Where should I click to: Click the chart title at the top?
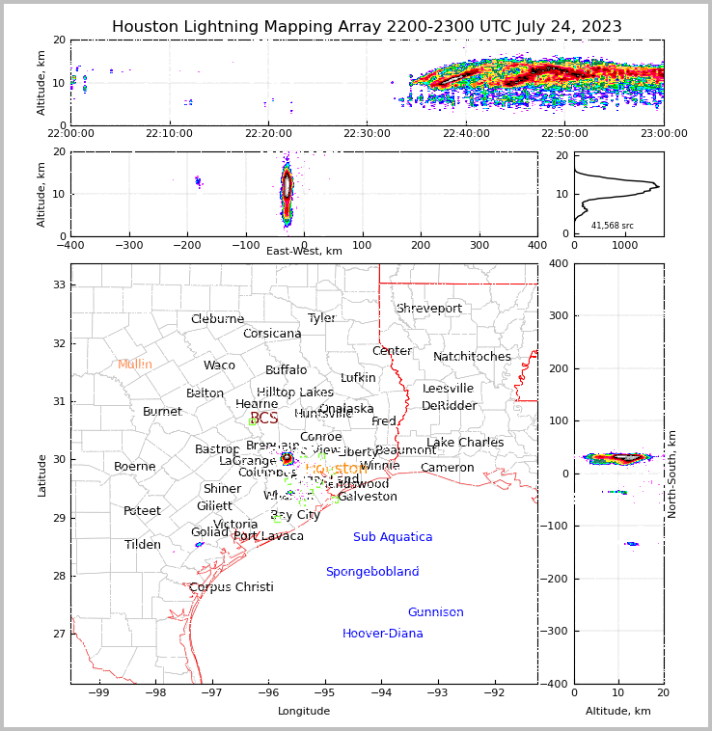click(x=367, y=27)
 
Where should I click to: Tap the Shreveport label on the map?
click(x=429, y=309)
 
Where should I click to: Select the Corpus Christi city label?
click(x=232, y=587)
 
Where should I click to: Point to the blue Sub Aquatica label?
click(x=393, y=537)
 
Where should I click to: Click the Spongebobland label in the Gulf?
click(x=372, y=572)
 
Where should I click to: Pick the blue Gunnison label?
click(x=435, y=612)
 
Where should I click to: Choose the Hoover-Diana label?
click(x=383, y=634)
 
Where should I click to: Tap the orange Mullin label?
click(x=135, y=365)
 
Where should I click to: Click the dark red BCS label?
click(x=263, y=419)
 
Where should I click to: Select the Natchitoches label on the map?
click(x=472, y=357)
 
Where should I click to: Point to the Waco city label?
click(x=219, y=365)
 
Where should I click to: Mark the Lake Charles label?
click(x=465, y=443)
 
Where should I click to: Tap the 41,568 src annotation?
click(x=613, y=226)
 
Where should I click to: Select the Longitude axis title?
click(x=304, y=712)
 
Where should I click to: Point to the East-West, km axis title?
click(x=304, y=251)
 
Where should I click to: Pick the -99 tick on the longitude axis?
click(x=98, y=691)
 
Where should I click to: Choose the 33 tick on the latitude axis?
click(x=59, y=284)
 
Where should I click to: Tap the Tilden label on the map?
click(x=143, y=545)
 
